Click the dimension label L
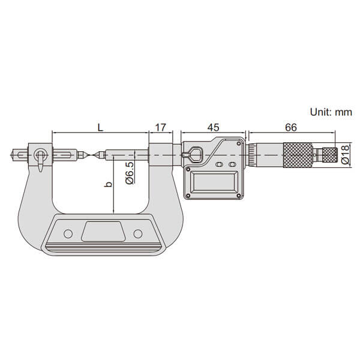point(100,127)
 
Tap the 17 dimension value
point(160,127)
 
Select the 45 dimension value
point(213,127)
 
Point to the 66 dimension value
point(291,127)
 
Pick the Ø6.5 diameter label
point(130,173)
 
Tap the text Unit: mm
point(331,112)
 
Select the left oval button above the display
point(219,164)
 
